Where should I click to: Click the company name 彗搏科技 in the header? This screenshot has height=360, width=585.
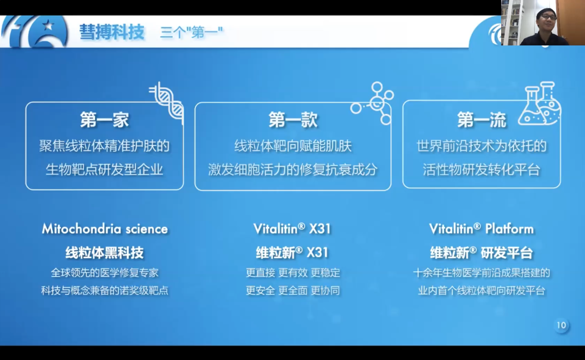click(x=112, y=32)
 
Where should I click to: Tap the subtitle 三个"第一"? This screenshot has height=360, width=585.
click(x=191, y=32)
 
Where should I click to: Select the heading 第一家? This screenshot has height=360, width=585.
click(x=105, y=120)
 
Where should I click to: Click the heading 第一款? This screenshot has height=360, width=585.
click(x=293, y=120)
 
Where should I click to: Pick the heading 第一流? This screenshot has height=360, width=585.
click(x=482, y=120)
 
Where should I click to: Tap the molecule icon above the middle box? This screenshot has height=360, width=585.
click(x=372, y=103)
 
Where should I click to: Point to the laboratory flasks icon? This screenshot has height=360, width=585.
click(x=539, y=103)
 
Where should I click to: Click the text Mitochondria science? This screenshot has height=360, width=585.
click(x=105, y=228)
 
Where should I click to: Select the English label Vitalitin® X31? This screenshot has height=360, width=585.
click(x=292, y=228)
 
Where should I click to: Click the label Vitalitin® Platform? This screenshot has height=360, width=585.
click(x=482, y=228)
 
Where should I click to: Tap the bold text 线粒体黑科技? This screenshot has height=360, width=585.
click(x=105, y=253)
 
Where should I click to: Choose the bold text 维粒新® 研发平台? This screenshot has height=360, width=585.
click(x=482, y=253)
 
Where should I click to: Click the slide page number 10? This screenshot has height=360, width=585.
click(x=562, y=325)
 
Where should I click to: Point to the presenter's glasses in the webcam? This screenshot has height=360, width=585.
click(x=547, y=17)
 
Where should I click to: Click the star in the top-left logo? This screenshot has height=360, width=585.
click(x=48, y=26)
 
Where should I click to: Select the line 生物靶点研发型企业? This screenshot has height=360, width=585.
click(x=105, y=170)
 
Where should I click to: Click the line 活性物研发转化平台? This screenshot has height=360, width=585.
click(x=482, y=170)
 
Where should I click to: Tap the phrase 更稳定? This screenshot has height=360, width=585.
click(x=326, y=273)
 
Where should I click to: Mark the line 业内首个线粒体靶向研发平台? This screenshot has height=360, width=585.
click(x=482, y=291)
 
